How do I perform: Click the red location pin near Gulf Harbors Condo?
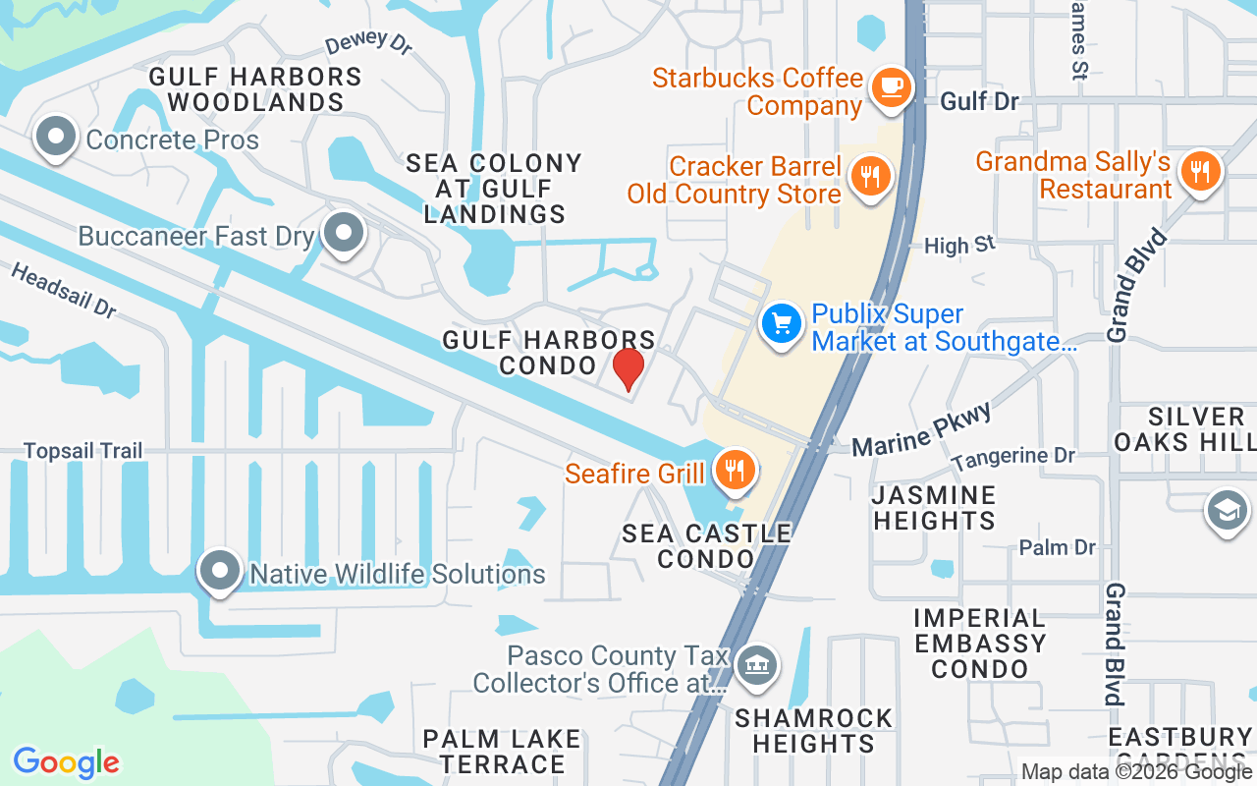628,368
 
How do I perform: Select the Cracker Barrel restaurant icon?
869,178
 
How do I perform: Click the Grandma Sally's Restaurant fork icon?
1198,171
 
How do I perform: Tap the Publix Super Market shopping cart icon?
782,323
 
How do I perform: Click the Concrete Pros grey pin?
56,138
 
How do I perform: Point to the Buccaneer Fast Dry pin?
343,234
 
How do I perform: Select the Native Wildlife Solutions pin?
219,571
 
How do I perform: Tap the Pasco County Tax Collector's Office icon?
757,666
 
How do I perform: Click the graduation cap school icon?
1227,511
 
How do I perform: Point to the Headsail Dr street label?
64,290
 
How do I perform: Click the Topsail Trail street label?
83,451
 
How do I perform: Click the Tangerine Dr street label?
1013,457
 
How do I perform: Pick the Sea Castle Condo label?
707,546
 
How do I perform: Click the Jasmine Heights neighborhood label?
935,507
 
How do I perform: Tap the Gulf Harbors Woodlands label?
255,88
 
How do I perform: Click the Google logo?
66,762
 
